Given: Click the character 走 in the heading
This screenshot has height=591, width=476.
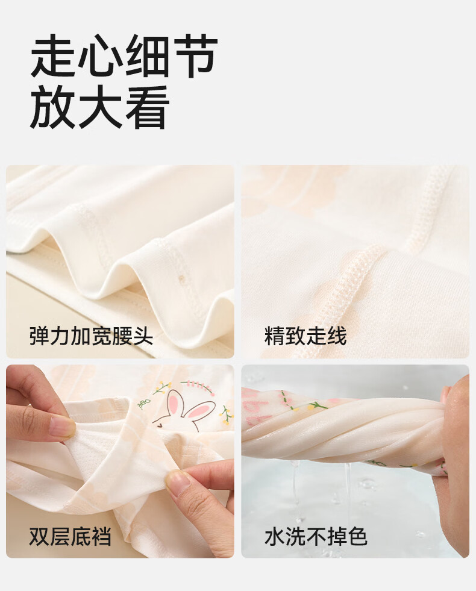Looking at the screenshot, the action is (x=53, y=56).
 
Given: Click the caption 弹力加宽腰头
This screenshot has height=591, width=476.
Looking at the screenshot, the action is (x=91, y=336).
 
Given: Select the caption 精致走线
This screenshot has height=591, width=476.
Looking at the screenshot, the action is (x=305, y=336).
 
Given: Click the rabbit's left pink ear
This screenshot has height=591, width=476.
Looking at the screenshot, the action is (x=174, y=402).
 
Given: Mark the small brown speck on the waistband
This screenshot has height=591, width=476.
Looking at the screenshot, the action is (x=181, y=278).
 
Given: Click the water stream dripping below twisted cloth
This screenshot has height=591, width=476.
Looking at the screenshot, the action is (x=348, y=486).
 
